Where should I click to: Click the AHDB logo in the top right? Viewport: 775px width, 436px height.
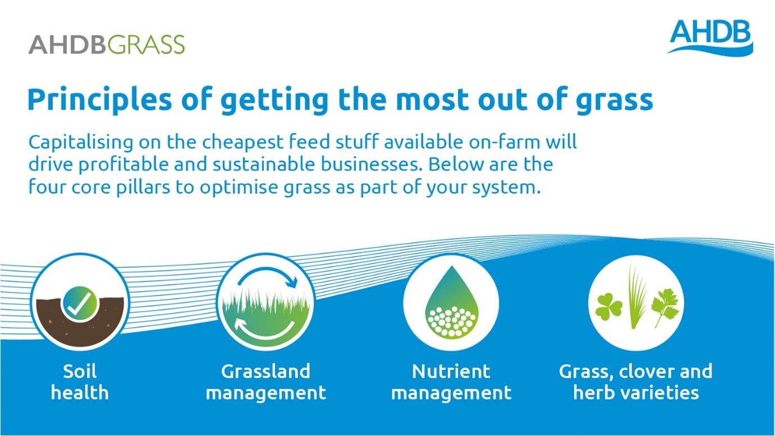(710, 37)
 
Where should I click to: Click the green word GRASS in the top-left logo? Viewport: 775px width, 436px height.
(146, 44)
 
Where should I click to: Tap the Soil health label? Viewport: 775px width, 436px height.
(80, 381)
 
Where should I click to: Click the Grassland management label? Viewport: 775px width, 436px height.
(265, 381)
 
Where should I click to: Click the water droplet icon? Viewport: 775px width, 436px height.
(451, 302)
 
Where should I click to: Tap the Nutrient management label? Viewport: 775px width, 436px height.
(451, 381)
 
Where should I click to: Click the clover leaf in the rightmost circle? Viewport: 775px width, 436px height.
(609, 306)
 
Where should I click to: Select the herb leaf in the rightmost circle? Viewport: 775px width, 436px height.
(665, 308)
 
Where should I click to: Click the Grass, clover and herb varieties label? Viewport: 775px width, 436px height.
(636, 381)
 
